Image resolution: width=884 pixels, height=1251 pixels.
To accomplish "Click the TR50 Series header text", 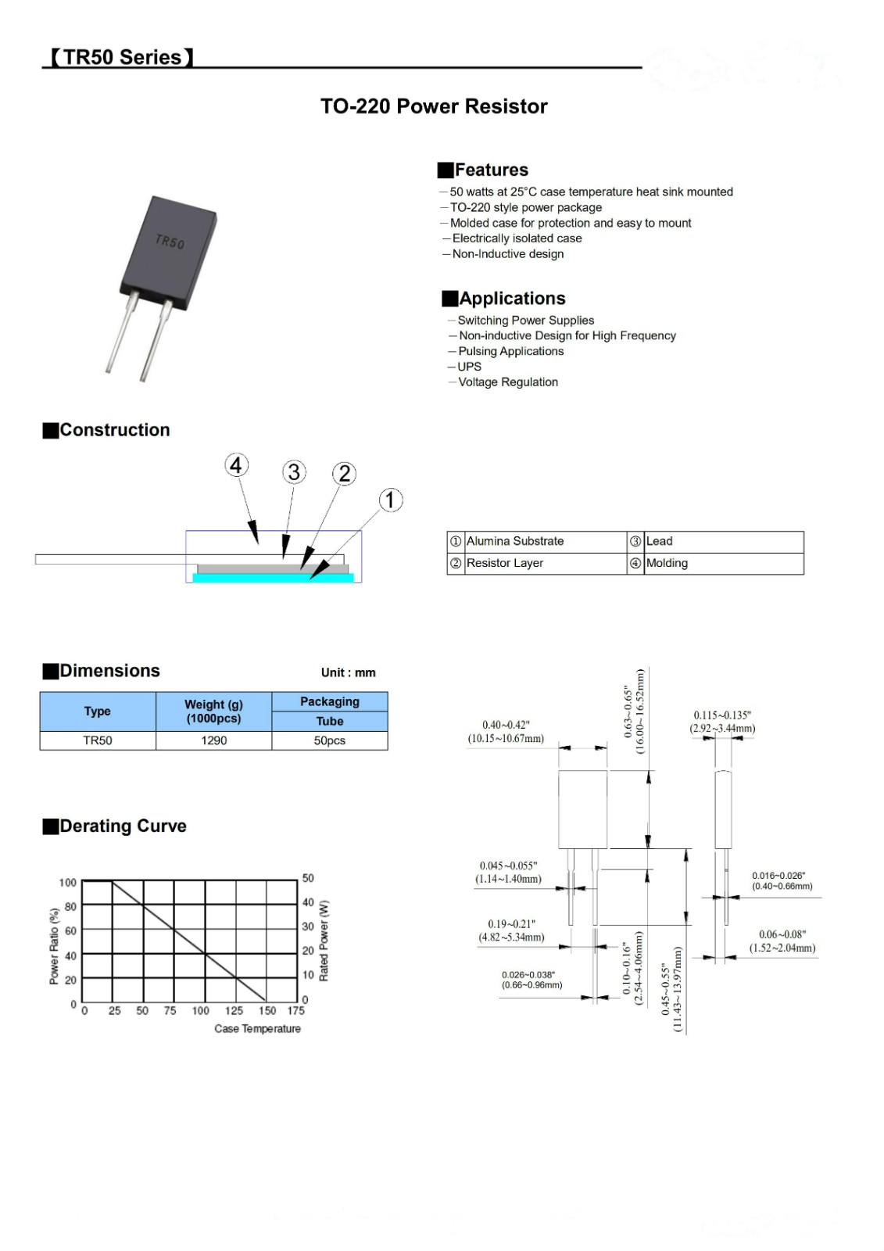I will coord(121,58).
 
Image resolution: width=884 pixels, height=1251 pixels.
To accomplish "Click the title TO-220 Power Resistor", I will coord(434,106).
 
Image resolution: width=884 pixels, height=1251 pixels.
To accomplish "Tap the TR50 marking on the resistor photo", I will coord(170,242).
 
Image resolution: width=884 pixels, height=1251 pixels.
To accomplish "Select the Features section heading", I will coord(491,170).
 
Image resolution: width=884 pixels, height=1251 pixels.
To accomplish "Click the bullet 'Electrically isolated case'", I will coord(517,238).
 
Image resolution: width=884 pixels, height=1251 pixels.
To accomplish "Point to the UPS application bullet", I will coord(469,367).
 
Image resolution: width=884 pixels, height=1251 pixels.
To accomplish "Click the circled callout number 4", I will coord(236,465).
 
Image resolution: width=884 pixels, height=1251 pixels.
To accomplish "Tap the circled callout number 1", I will coord(391,500).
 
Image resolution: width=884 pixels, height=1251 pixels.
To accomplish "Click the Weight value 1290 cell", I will coord(213,740).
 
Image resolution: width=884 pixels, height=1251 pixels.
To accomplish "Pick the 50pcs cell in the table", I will coord(329,740).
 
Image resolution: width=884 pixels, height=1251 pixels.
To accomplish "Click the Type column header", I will coord(97,712).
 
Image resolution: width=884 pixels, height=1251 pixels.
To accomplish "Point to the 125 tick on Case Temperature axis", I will coord(234,1010).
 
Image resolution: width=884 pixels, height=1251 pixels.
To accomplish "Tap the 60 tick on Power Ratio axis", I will coord(70,931).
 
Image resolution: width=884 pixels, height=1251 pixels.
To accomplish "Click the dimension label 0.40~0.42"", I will coord(506,726).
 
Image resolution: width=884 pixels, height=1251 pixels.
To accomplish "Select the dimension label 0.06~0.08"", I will coord(782,934).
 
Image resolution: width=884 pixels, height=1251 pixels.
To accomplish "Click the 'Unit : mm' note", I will coord(348,672).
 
